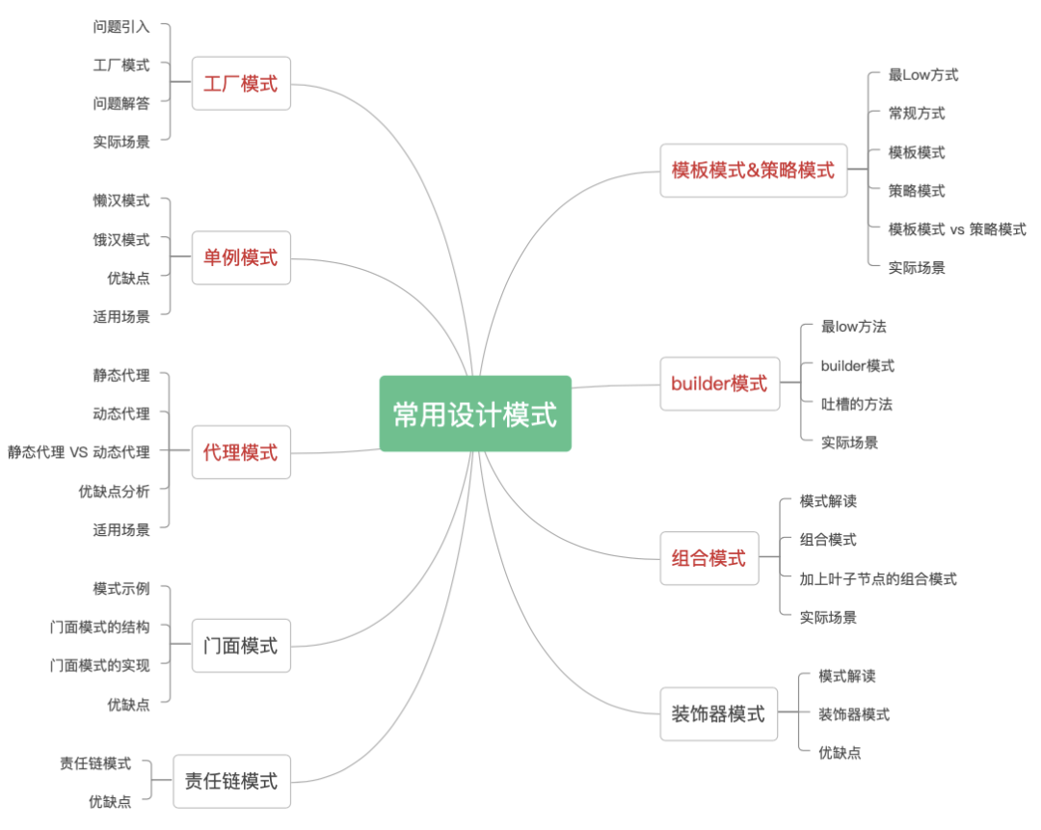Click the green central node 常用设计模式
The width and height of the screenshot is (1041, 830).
click(475, 414)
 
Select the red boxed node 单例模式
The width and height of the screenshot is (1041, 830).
click(241, 257)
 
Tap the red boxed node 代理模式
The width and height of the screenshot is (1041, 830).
click(241, 452)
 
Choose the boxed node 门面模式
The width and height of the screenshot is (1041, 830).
click(241, 646)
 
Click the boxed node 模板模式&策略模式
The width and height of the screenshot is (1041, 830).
click(753, 171)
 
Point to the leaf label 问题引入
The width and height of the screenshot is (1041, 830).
click(121, 27)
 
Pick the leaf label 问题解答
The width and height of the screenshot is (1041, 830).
click(121, 103)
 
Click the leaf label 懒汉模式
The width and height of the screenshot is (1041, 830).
click(121, 201)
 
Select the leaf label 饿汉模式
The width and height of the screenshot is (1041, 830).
click(121, 239)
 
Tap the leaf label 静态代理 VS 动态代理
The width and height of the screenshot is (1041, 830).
click(79, 451)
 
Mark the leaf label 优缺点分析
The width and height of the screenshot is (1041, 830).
click(115, 491)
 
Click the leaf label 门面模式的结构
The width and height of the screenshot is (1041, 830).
click(100, 627)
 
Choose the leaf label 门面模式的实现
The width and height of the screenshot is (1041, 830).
click(100, 665)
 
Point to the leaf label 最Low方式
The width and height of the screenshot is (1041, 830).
click(923, 74)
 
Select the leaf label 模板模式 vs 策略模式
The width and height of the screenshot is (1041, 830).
click(957, 228)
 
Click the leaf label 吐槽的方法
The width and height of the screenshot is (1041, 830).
click(857, 404)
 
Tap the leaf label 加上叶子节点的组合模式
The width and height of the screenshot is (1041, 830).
click(878, 578)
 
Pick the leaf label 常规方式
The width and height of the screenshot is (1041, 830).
click(917, 113)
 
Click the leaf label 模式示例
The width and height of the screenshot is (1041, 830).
click(121, 588)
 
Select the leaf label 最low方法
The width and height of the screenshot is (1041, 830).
click(854, 327)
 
